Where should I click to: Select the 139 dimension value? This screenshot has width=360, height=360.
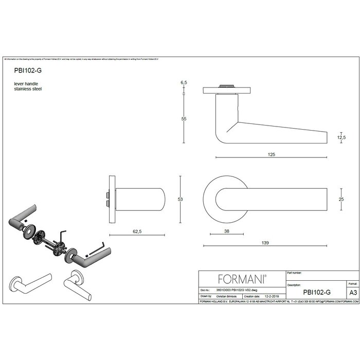(265, 242)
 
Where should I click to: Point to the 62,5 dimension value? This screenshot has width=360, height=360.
(137, 232)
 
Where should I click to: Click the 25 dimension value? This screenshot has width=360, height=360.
(341, 199)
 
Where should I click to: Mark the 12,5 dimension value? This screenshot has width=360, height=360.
(341, 137)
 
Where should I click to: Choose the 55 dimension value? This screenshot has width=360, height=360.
(183, 119)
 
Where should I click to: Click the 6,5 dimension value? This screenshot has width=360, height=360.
(183, 82)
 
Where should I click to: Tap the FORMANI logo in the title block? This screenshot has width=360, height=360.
(242, 279)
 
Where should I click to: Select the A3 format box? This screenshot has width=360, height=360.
(353, 292)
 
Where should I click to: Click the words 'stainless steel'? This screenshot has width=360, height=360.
(28, 89)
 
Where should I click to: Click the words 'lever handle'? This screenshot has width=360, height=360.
(26, 83)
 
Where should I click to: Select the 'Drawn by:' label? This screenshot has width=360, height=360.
(206, 296)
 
